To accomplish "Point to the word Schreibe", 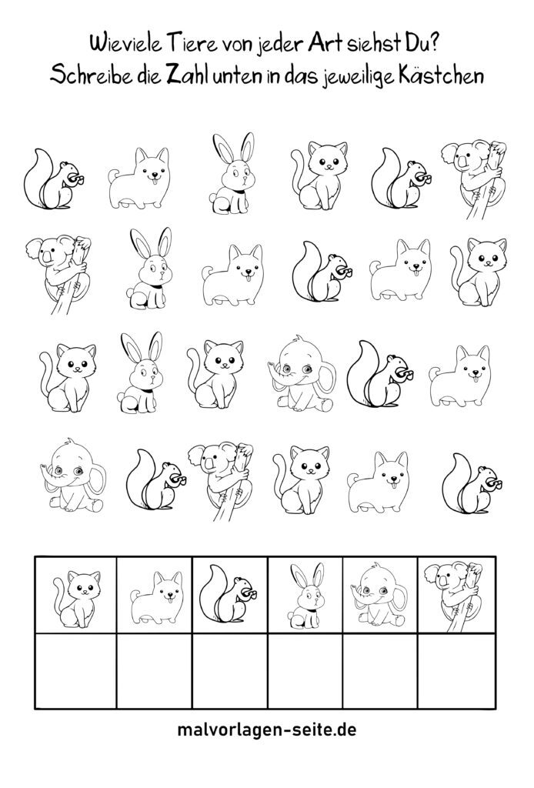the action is pyautogui.click(x=89, y=76).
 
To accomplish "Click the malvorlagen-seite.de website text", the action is pyautogui.click(x=267, y=730).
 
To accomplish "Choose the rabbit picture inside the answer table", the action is pyautogui.click(x=306, y=595).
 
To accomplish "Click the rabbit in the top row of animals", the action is pyautogui.click(x=232, y=172).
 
